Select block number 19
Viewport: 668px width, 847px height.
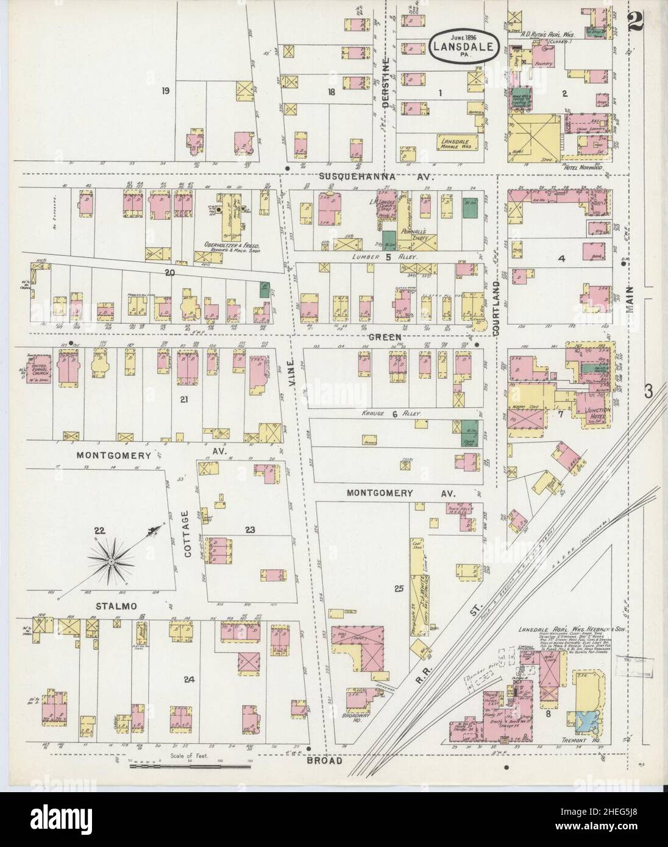click(x=165, y=91)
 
